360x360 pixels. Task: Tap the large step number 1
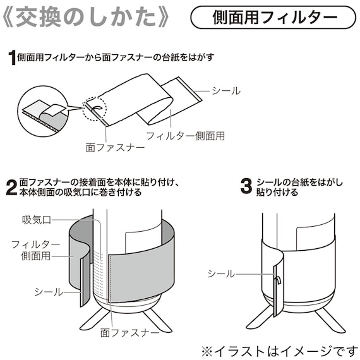[12, 59]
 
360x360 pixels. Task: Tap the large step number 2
[11, 188]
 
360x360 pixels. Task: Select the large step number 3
[246, 188]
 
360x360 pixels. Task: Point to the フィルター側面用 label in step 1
[186, 135]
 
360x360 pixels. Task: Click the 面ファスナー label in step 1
[115, 148]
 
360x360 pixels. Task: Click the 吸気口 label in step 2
[36, 220]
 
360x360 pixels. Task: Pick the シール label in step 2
[49, 291]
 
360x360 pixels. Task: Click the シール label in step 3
[221, 273]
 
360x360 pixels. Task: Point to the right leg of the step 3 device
[328, 319]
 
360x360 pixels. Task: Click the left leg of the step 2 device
[92, 320]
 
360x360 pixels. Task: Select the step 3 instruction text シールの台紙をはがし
[300, 183]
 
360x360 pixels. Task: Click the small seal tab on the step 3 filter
[276, 282]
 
